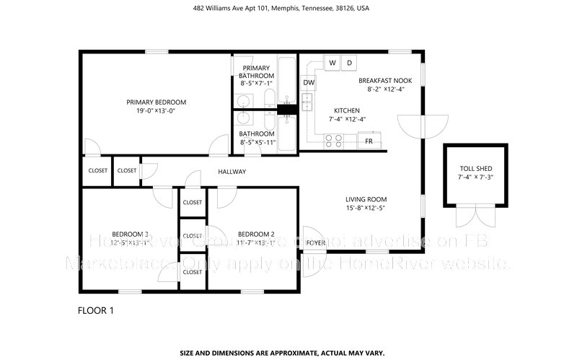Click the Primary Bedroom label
(157, 102)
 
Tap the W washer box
(332, 63)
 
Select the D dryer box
(350, 63)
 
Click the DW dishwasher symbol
(309, 83)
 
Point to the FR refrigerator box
(369, 141)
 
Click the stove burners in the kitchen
(333, 141)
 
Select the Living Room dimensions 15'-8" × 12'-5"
(366, 209)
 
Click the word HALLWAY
(232, 172)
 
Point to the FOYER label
(314, 243)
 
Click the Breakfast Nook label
(385, 81)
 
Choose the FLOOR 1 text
(95, 311)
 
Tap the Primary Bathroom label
(257, 72)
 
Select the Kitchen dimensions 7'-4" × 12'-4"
(348, 120)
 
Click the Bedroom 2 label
(256, 234)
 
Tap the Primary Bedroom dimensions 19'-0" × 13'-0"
(157, 111)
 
